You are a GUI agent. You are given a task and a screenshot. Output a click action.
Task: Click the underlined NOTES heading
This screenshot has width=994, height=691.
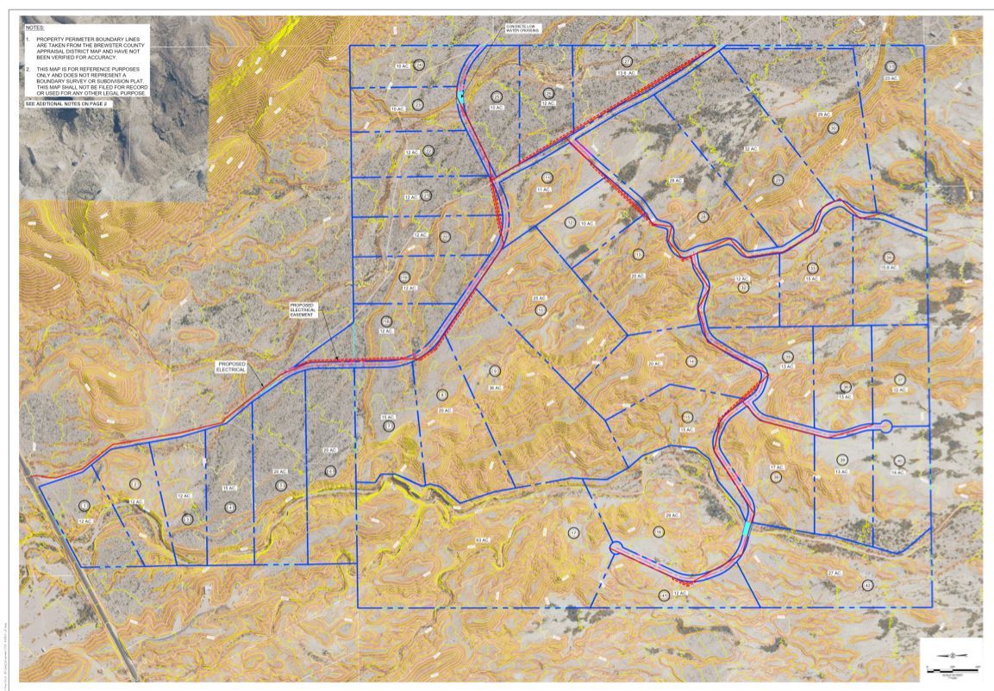click(x=35, y=28)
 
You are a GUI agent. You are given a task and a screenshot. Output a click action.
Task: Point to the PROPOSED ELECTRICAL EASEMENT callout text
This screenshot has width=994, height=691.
click(x=306, y=310)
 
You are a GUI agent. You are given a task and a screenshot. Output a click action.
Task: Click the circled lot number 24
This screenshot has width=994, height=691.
click(x=419, y=65)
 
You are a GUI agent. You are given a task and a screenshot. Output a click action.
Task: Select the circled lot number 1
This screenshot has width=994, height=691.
click(x=84, y=506)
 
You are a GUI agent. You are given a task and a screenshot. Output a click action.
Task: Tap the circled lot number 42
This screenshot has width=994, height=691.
click(x=867, y=585)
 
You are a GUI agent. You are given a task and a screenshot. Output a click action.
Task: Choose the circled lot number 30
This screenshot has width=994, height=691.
click(x=833, y=128)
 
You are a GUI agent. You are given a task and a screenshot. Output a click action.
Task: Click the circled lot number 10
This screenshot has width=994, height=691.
click(x=541, y=309)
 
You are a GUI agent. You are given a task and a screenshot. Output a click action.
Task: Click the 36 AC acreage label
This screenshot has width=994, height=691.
click(x=495, y=388)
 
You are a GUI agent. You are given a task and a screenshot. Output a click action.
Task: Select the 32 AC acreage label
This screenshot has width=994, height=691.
click(x=751, y=149)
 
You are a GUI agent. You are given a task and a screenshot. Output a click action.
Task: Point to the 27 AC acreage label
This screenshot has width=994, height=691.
click(x=834, y=573)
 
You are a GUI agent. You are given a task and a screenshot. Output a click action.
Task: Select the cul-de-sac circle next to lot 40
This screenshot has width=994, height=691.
click(x=885, y=426)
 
